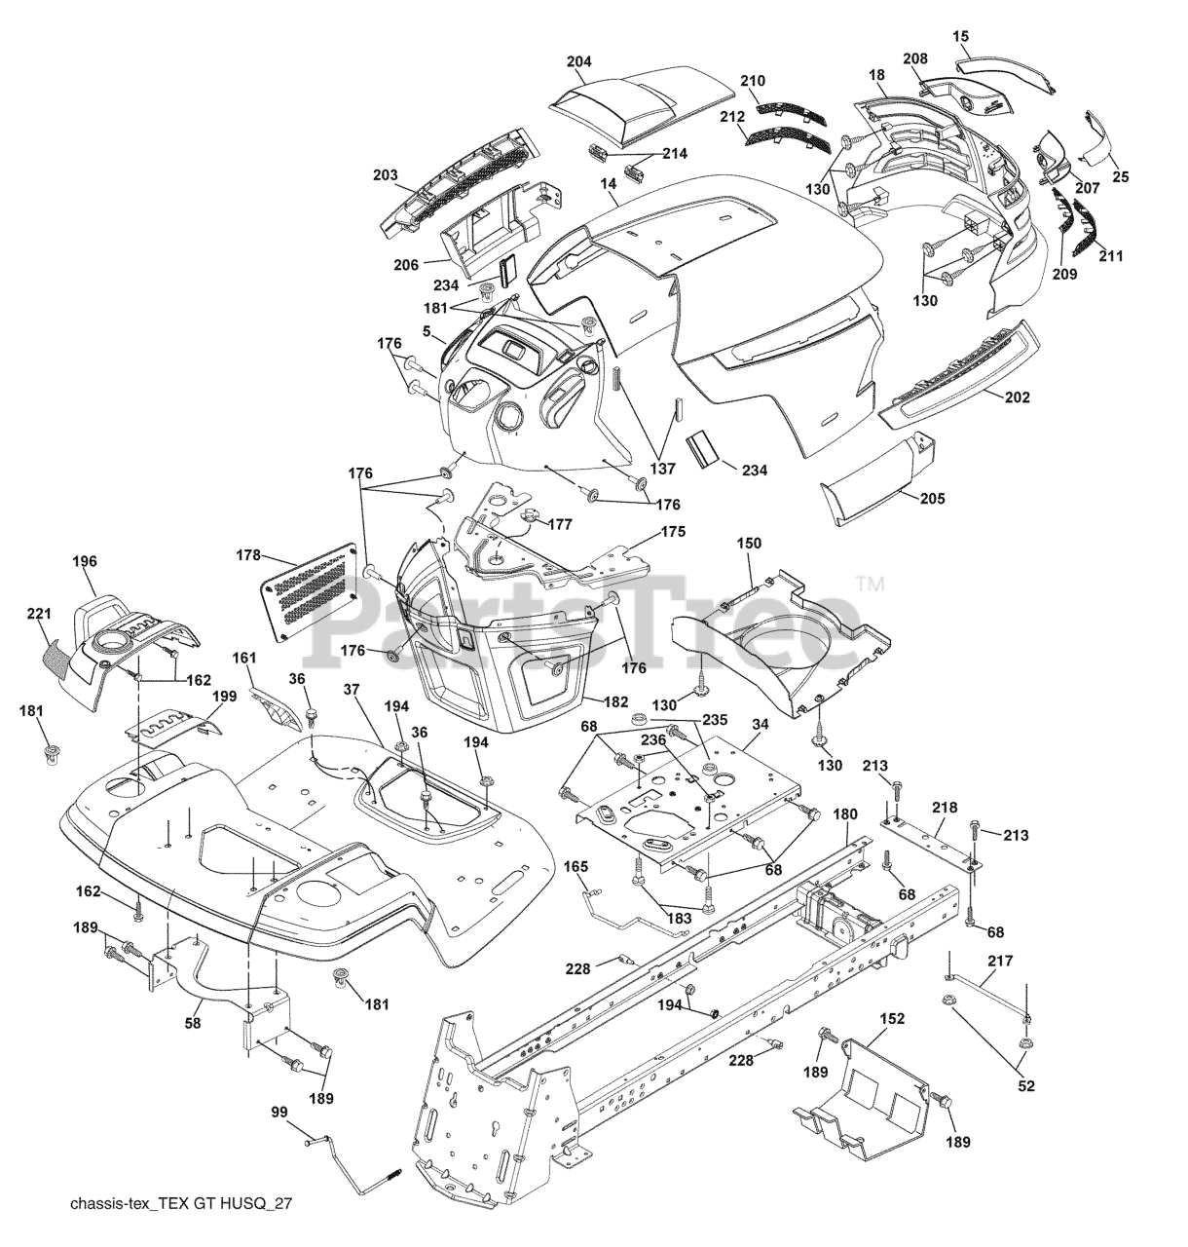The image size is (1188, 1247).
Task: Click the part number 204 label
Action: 578,61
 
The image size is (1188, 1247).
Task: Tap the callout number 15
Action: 960,36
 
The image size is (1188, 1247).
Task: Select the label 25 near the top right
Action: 1121,177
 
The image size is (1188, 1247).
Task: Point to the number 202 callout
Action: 1017,397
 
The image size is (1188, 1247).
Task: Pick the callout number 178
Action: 248,555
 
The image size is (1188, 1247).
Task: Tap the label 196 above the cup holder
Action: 85,561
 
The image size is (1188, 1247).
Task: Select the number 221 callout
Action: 39,614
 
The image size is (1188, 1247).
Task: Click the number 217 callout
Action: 1000,961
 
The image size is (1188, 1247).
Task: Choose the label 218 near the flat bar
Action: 945,808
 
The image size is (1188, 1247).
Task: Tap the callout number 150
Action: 749,543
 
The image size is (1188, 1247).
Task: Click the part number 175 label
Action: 673,532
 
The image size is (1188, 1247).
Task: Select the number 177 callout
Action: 560,524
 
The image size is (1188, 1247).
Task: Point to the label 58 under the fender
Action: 193,1023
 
